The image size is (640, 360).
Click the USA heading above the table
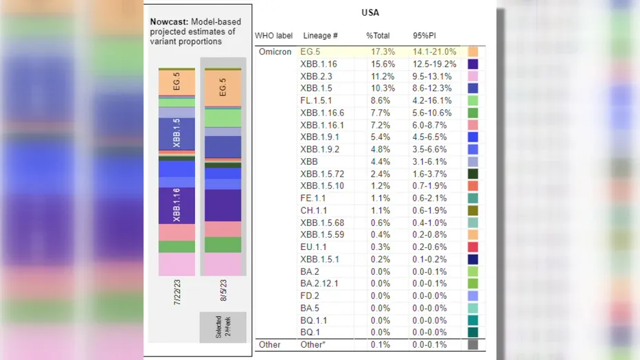(x=370, y=12)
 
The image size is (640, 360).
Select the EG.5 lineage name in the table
(x=310, y=52)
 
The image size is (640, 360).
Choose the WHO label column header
(x=273, y=36)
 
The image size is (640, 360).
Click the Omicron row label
(x=275, y=52)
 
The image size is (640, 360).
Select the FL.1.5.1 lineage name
(x=316, y=100)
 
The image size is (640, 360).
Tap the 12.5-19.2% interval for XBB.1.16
(x=435, y=64)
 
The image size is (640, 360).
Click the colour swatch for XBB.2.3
(x=473, y=76)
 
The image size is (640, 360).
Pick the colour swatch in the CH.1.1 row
(x=473, y=210)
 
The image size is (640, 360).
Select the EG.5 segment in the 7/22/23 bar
(x=176, y=83)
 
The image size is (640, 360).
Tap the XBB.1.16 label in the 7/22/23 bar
(x=176, y=205)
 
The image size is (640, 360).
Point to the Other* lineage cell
(x=312, y=344)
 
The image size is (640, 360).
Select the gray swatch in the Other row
(x=473, y=344)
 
